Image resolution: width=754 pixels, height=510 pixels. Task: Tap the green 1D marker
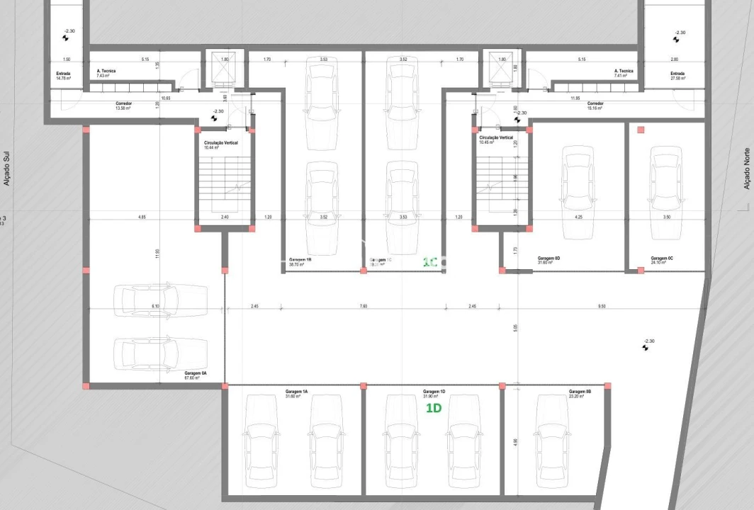[x=434, y=409]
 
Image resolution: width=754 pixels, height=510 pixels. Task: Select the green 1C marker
[x=429, y=261]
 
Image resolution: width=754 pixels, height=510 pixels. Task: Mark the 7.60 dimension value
[x=363, y=306]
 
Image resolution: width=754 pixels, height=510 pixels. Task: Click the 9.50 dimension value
[x=601, y=306]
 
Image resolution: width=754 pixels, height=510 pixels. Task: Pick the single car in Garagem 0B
[x=553, y=445]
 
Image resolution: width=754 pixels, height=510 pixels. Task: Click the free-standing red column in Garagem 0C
[x=641, y=130]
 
